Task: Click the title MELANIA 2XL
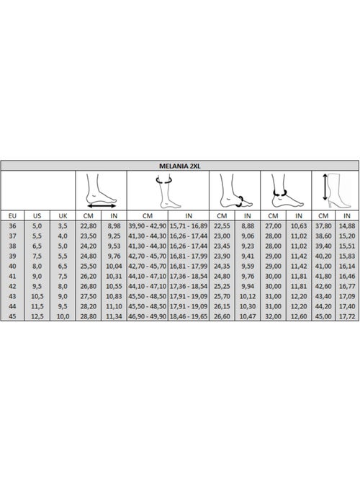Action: tap(180, 166)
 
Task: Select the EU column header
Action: tap(12, 216)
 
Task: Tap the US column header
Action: tap(37, 216)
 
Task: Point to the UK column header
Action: tap(63, 216)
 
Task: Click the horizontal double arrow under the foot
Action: tap(102, 205)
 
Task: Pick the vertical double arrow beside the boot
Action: tap(325, 187)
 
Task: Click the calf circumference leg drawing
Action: tap(168, 191)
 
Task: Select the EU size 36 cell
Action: tap(12, 226)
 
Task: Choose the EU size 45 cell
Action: tap(12, 316)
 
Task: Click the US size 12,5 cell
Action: tap(37, 316)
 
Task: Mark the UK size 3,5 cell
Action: tap(63, 226)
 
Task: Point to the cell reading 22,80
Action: tap(88, 226)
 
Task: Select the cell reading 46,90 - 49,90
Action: tap(148, 316)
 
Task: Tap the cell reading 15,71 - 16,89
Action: tap(189, 226)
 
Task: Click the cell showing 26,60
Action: tap(222, 316)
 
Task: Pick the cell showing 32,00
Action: tap(273, 316)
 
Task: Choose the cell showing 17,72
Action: tap(347, 316)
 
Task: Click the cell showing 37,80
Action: tap(323, 226)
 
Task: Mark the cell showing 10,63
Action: tap(299, 226)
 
